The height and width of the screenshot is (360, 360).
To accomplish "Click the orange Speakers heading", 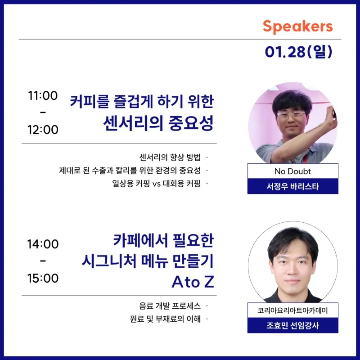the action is coord(297,27).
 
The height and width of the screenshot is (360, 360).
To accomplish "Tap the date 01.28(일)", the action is coord(298,52).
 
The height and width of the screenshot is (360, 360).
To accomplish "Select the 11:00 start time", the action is coord(43,95).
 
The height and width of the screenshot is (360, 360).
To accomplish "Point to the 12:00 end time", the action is coord(43,130).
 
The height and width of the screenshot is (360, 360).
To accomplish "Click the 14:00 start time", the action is coord(43,244).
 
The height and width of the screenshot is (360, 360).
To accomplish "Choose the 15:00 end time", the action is coord(43,278).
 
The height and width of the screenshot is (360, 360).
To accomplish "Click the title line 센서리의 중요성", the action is coord(158,123).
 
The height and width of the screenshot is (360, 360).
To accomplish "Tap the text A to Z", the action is coord(193,282).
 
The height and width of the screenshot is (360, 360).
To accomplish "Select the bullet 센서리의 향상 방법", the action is coord(170,157).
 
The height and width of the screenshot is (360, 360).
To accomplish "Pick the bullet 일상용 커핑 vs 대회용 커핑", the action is coord(156,183).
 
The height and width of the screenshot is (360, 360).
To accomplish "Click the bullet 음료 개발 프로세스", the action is coord(170,306).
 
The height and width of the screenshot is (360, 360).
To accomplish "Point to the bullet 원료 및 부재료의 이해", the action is coord(165,319).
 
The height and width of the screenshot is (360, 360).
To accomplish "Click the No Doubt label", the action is coord(292,171).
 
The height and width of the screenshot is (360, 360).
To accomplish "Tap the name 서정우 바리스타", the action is coord(293,186).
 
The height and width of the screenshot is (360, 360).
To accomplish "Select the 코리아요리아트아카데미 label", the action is coord(293,310).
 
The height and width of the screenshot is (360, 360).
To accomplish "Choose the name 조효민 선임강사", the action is coord(293,325).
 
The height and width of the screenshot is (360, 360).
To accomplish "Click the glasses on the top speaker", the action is coord(291,115).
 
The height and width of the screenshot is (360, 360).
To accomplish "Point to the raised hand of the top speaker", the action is coord(332,117).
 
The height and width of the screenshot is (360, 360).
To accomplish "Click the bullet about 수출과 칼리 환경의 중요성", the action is coord(130,171).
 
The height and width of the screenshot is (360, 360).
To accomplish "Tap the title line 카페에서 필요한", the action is coord(163,240).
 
